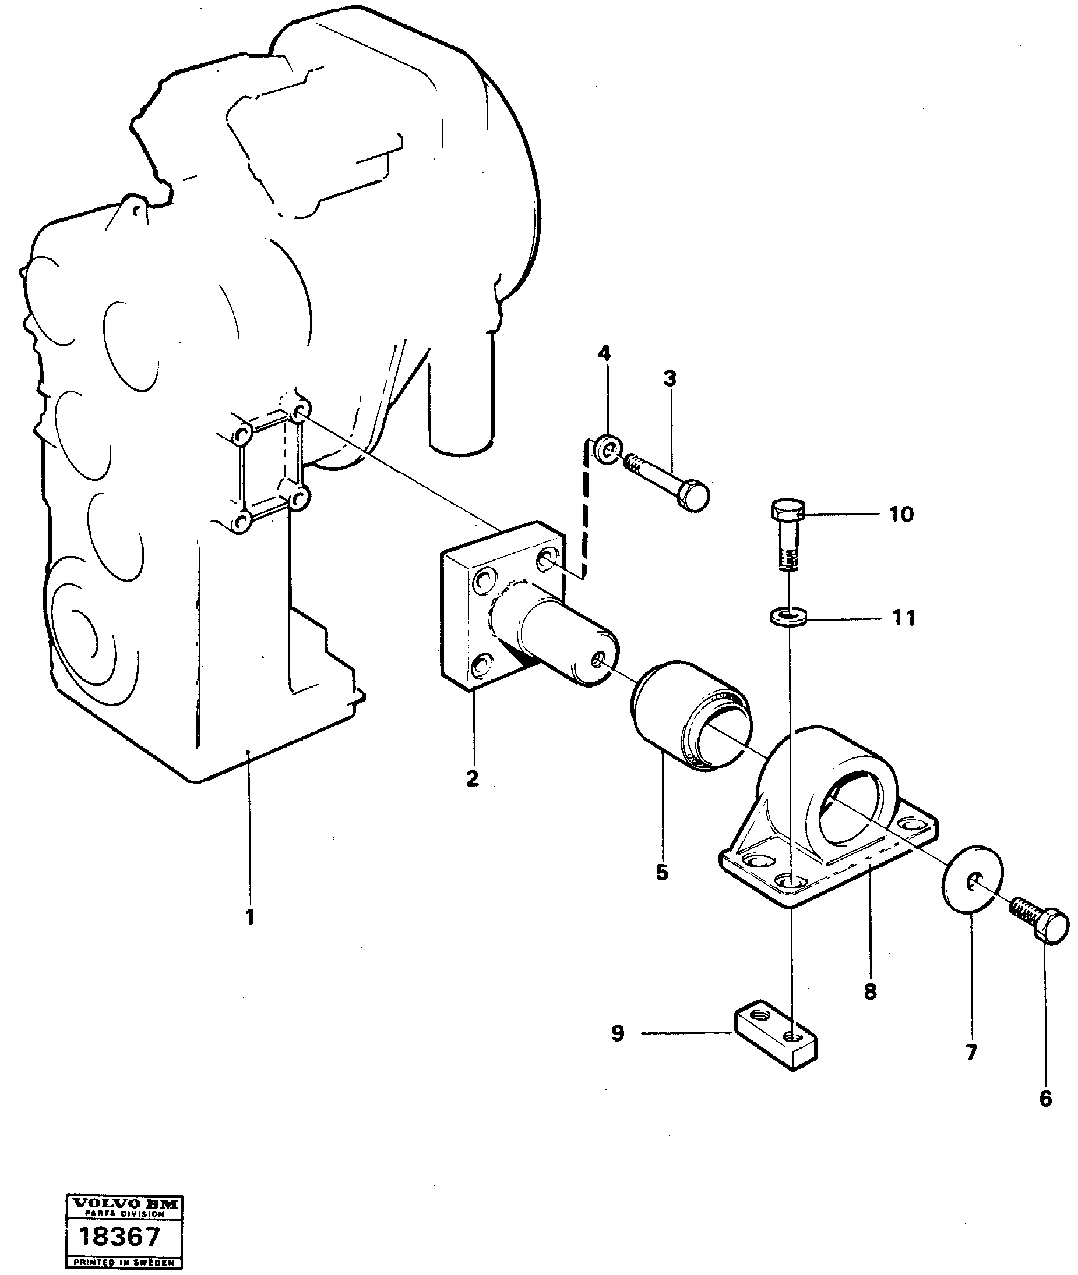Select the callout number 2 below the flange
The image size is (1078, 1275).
473,778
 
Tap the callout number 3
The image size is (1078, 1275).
670,378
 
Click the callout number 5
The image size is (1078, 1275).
663,873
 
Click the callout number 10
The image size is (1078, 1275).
901,514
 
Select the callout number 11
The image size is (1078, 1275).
904,618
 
